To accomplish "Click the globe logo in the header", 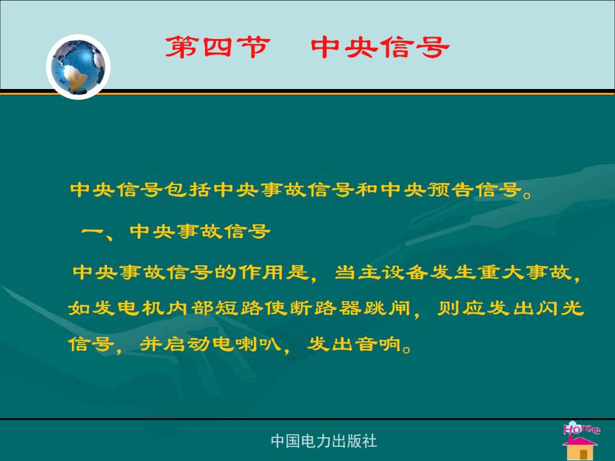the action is tap(78, 67).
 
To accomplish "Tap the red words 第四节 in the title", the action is tap(218, 47).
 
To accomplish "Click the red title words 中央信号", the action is tap(380, 47).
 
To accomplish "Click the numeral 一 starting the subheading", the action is tap(92, 231).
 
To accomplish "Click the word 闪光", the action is tap(560, 308).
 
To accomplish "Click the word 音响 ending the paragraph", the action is tap(379, 344).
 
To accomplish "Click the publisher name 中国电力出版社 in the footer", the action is tap(324, 441).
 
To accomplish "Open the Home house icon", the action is tap(580, 441).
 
